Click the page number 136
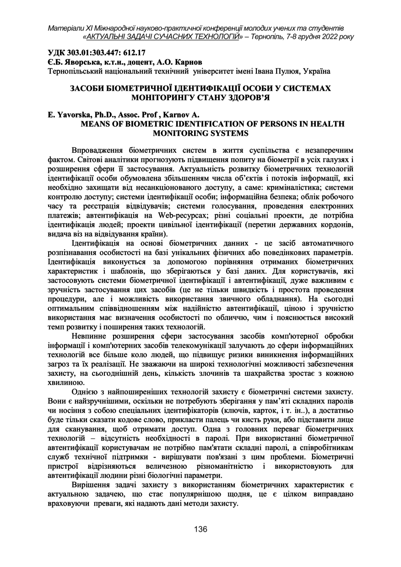click(200, 529)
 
